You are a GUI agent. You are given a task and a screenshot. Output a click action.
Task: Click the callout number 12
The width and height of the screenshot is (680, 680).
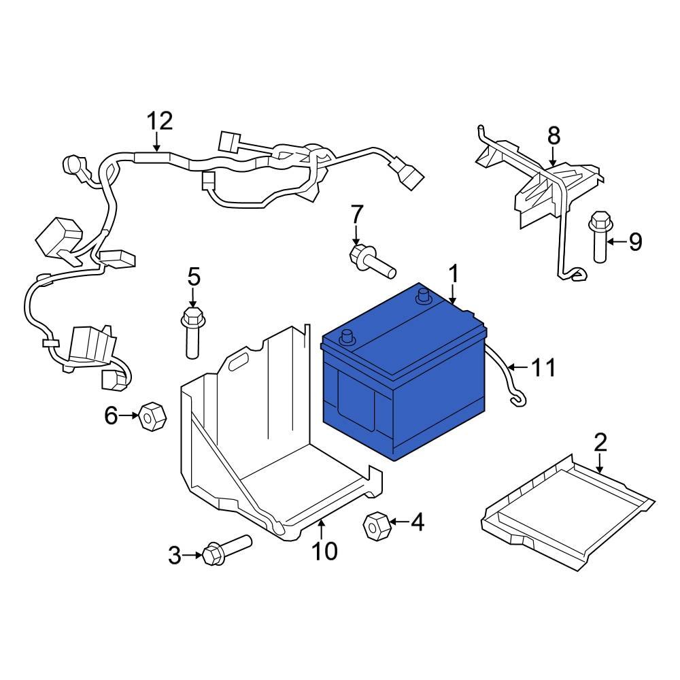pyautogui.click(x=160, y=122)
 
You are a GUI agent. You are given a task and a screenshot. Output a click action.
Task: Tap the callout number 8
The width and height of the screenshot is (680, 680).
pyautogui.click(x=554, y=135)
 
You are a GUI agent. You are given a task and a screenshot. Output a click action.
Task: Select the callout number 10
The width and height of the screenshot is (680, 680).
pyautogui.click(x=324, y=551)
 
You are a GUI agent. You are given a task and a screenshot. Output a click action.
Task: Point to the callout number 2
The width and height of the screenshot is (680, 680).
pyautogui.click(x=600, y=442)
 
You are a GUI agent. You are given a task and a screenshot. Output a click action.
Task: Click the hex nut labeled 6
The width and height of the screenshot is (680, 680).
pyautogui.click(x=151, y=415)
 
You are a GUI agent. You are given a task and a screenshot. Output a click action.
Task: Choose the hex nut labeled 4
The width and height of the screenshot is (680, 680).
pyautogui.click(x=376, y=525)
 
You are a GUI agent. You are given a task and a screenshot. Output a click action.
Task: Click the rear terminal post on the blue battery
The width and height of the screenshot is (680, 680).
pyautogui.click(x=422, y=295)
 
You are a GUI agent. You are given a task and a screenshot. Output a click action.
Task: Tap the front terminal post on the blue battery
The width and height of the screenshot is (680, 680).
pyautogui.click(x=349, y=337)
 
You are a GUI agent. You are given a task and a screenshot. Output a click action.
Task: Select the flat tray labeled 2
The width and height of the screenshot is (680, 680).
pyautogui.click(x=568, y=510)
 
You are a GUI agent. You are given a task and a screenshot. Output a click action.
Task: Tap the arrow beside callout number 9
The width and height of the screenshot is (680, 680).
pyautogui.click(x=615, y=241)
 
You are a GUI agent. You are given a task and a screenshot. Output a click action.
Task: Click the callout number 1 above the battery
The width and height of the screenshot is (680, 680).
pyautogui.click(x=452, y=275)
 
